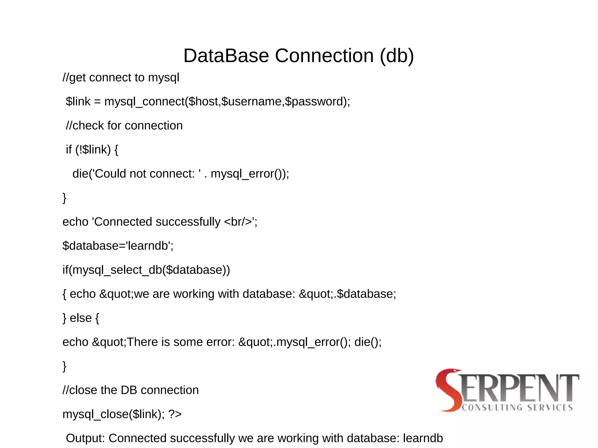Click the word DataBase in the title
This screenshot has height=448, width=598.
226,55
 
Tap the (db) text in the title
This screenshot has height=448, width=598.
397,55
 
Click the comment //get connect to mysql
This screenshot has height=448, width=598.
121,78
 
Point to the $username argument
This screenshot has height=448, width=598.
251,102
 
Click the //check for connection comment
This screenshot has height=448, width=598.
124,126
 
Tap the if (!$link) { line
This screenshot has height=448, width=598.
92,150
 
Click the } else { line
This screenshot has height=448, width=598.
81,318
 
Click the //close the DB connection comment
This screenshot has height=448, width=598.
131,390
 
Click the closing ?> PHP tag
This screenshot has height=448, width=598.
175,414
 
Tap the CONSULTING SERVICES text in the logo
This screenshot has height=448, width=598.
517,407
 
